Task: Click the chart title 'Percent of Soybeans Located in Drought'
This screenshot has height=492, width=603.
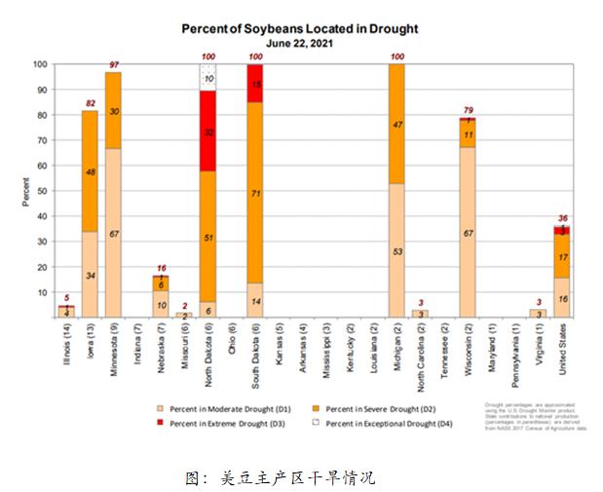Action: click(299, 28)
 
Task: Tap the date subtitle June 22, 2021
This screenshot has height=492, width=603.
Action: click(300, 44)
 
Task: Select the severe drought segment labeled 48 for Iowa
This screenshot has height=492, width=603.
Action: click(89, 171)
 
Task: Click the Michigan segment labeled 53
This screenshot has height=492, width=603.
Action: click(396, 250)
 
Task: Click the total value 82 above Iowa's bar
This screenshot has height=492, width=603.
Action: click(89, 103)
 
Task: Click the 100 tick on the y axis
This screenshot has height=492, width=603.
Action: click(39, 64)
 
